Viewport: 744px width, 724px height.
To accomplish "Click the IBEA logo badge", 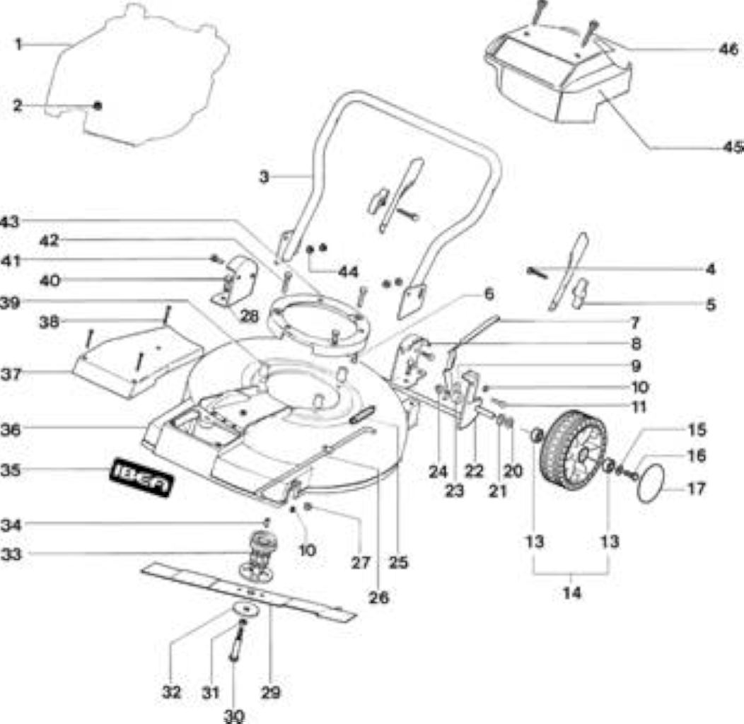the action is click(141, 477).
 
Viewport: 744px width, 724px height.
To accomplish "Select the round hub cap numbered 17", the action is click(651, 482).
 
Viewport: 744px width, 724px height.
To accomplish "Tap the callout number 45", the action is click(733, 148).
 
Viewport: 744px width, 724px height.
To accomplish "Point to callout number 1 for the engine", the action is click(18, 45).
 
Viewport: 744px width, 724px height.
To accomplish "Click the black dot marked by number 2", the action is click(98, 106).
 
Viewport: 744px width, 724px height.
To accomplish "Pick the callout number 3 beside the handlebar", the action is click(264, 177).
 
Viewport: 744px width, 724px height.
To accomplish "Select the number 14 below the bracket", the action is click(571, 592).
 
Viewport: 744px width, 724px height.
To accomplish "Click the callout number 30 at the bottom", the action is click(233, 715).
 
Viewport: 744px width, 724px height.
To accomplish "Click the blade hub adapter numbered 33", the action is click(260, 555).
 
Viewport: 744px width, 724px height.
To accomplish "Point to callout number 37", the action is click(11, 374).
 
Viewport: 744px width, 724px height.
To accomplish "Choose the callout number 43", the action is click(9, 221).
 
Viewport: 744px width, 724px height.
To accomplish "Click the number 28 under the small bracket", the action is click(250, 316).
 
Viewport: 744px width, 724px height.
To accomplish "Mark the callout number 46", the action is click(728, 49).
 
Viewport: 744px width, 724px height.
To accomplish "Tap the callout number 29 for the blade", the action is click(270, 693).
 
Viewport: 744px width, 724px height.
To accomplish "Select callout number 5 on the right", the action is click(710, 304).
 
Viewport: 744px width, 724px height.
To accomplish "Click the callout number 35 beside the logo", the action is click(11, 470).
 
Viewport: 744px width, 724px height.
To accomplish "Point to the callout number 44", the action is click(348, 272).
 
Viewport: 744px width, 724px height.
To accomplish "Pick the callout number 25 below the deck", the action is click(398, 562).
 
